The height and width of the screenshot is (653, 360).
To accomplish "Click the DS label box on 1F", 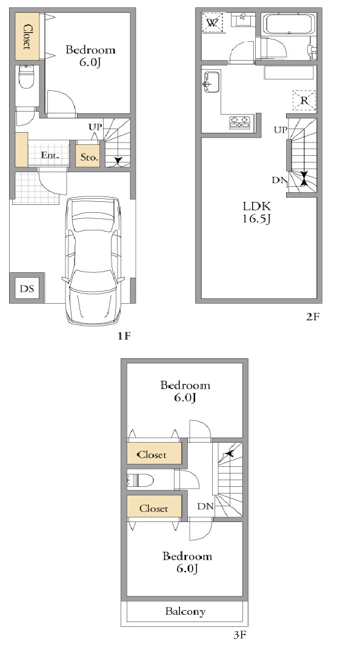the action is (27, 288).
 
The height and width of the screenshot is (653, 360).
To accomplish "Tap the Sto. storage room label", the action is (89, 158).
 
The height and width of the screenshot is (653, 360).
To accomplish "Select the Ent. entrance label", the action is (50, 156).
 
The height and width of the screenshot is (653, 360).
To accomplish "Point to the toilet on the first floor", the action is (27, 76).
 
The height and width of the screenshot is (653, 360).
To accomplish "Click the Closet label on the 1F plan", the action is (28, 36).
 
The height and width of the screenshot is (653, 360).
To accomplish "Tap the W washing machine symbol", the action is (212, 23).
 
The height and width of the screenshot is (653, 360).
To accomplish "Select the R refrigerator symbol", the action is (304, 101).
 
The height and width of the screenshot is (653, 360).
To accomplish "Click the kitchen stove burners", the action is (240, 122).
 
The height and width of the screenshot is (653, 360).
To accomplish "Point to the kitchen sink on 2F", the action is (212, 82).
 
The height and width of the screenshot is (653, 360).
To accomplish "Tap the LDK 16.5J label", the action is (257, 212).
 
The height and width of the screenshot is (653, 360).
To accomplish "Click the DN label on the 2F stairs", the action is (279, 180).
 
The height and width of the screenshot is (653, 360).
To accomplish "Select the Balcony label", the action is (185, 611).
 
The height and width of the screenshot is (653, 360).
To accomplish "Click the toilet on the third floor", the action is (141, 480).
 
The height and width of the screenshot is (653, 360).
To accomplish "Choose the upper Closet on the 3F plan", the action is (154, 454).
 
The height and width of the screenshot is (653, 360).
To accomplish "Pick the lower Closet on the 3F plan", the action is (154, 507).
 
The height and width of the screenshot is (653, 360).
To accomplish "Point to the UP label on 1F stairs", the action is (95, 126).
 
